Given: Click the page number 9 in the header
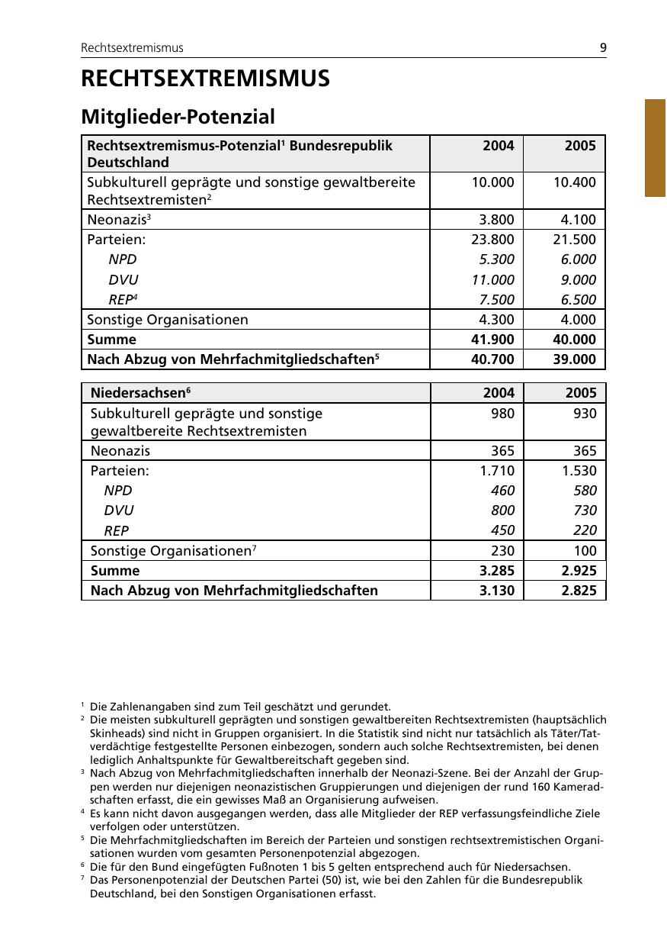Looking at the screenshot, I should (x=603, y=47).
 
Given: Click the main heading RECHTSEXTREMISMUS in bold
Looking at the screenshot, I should (x=205, y=79).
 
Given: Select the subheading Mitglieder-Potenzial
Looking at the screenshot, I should (x=178, y=117).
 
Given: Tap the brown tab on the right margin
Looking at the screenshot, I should (x=655, y=148).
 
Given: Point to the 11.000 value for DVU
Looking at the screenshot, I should (x=493, y=279).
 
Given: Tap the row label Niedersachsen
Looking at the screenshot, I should (x=138, y=393).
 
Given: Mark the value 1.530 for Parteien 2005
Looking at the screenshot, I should (x=579, y=471).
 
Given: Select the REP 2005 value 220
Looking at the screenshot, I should (x=585, y=530).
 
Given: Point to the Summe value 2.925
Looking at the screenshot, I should (x=579, y=571).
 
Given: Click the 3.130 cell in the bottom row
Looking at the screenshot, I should (x=496, y=591).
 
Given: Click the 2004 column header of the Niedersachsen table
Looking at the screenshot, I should (x=499, y=393).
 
